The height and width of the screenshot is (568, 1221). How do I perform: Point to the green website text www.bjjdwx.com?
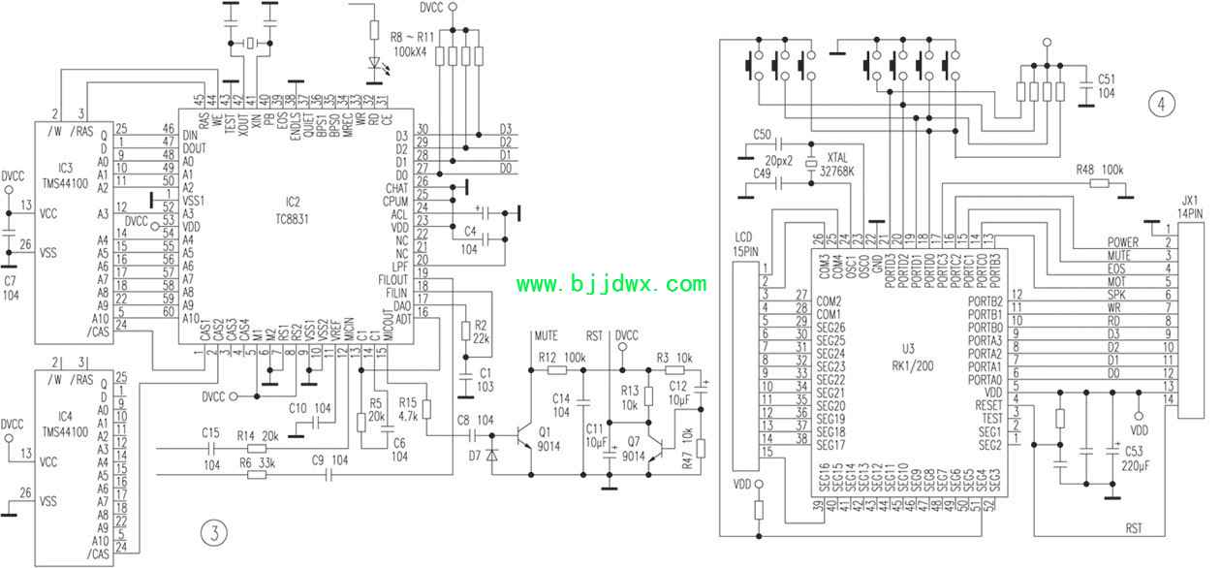click(610, 284)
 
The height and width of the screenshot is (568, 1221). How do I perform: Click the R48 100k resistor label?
click(1099, 170)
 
